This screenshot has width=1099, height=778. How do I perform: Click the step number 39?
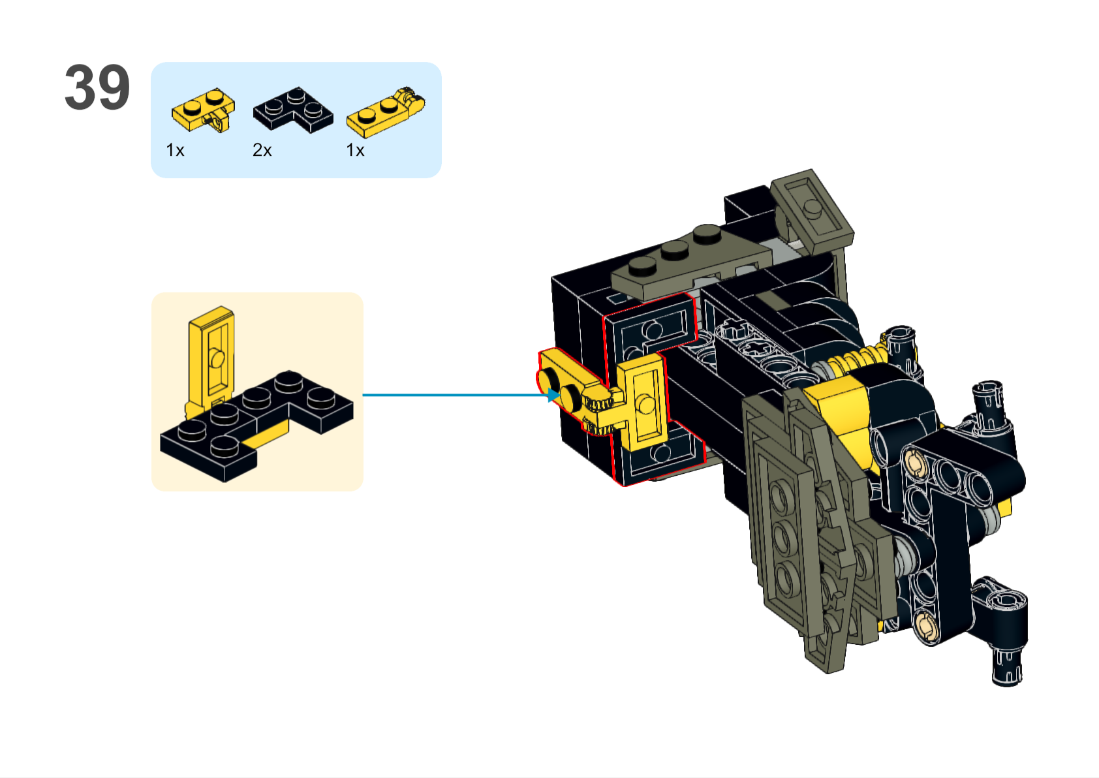pyautogui.click(x=97, y=87)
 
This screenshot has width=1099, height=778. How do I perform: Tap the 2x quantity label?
pyautogui.click(x=262, y=151)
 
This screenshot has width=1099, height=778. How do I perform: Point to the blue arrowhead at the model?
pyautogui.click(x=553, y=395)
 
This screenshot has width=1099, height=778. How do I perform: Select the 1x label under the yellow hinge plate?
pyautogui.click(x=355, y=151)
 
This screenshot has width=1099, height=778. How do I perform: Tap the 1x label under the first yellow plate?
pyautogui.click(x=175, y=151)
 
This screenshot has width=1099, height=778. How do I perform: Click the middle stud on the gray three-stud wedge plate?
pyautogui.click(x=674, y=249)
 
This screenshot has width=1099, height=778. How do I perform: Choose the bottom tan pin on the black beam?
pyautogui.click(x=925, y=625)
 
